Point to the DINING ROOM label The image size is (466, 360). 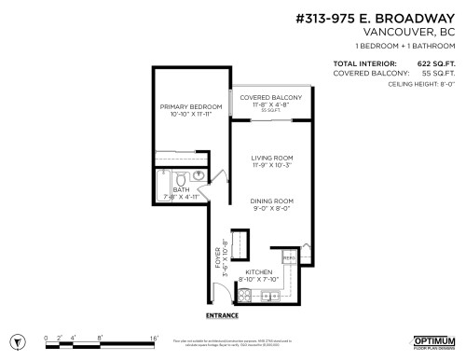(272, 201)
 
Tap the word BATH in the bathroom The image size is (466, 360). (180, 189)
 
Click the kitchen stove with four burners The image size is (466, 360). (247, 297)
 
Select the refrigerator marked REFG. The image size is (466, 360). (289, 257)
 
